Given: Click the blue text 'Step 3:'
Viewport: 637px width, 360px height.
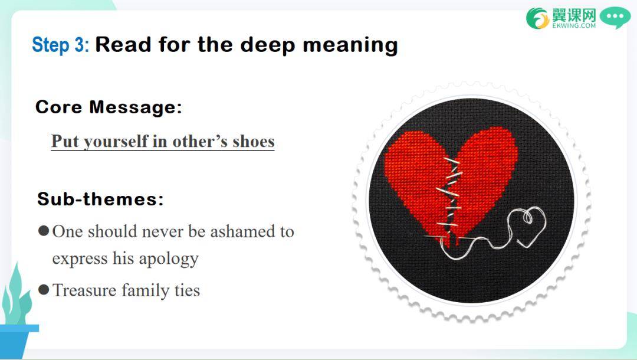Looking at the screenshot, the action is (61, 44).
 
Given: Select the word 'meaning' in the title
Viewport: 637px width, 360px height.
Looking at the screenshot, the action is (350, 45).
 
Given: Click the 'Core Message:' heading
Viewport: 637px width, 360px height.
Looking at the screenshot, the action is (109, 107).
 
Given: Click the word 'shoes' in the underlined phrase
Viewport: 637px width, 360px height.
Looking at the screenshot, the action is (254, 142).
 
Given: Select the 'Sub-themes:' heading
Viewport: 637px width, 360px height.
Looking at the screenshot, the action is (100, 199).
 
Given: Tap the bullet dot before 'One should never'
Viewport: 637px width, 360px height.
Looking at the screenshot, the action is (44, 231).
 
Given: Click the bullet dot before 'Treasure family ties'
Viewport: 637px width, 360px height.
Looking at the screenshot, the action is (44, 290).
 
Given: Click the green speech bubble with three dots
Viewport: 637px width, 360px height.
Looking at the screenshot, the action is (615, 18).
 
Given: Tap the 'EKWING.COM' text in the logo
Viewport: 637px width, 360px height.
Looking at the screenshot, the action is (574, 25).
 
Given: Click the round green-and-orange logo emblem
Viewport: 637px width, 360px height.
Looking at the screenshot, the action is (537, 18).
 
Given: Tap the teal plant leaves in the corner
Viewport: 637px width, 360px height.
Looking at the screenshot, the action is (17, 297).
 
